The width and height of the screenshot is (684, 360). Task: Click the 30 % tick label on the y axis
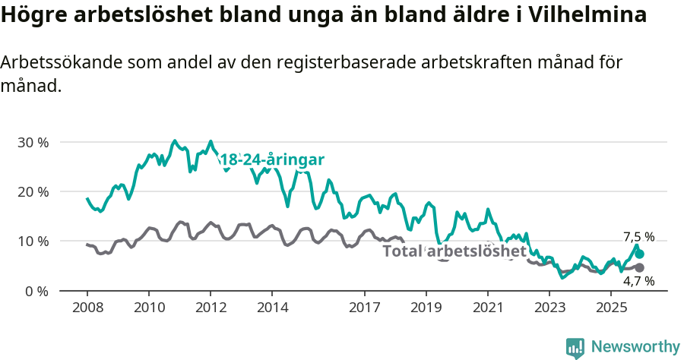(33, 142)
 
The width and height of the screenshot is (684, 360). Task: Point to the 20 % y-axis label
(33, 191)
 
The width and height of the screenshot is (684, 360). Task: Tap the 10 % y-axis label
(33, 242)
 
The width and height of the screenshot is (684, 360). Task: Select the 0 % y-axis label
(36, 291)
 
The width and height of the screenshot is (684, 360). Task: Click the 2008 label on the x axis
(87, 308)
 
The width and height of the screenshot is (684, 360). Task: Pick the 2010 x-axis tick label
(148, 308)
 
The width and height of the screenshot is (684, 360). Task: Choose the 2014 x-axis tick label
(272, 308)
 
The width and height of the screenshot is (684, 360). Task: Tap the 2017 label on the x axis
(364, 308)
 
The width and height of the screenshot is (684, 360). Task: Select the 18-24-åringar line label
(272, 159)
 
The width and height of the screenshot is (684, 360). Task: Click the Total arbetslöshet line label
(454, 251)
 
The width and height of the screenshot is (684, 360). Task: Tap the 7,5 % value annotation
(638, 237)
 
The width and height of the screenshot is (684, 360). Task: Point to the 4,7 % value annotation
(638, 281)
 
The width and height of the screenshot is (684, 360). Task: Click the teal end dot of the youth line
(640, 254)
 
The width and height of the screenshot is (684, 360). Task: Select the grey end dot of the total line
(640, 267)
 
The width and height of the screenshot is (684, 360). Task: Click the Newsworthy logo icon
(575, 348)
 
